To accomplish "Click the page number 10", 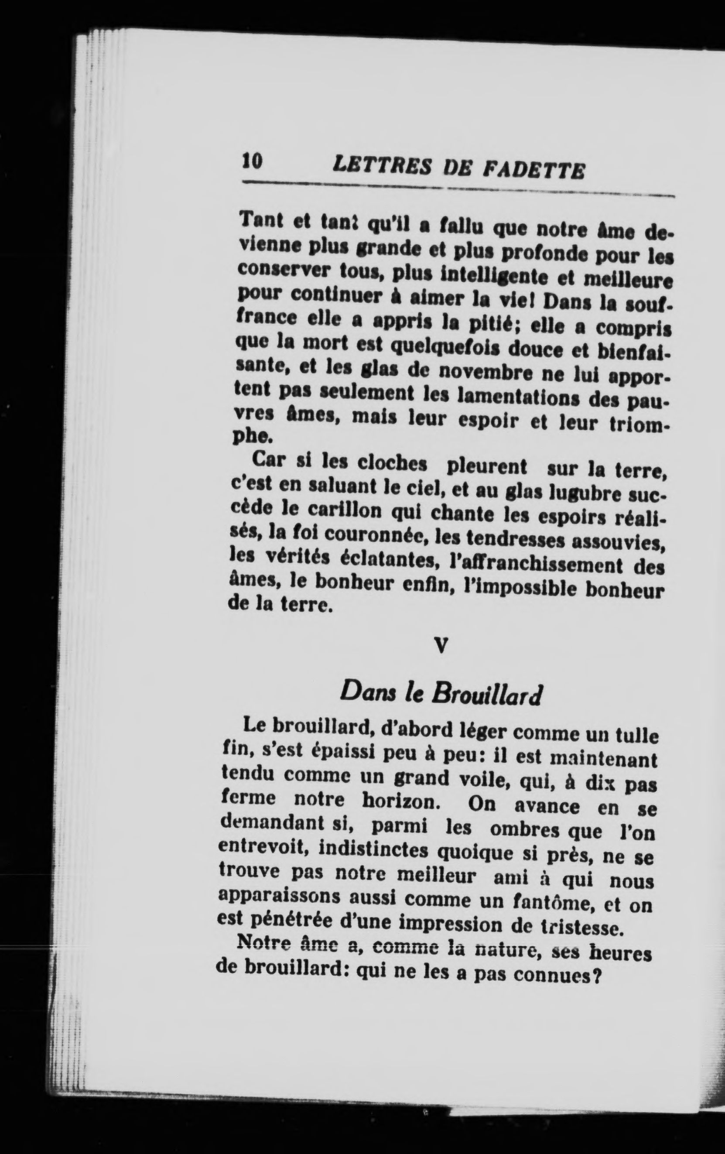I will point(253,161).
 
